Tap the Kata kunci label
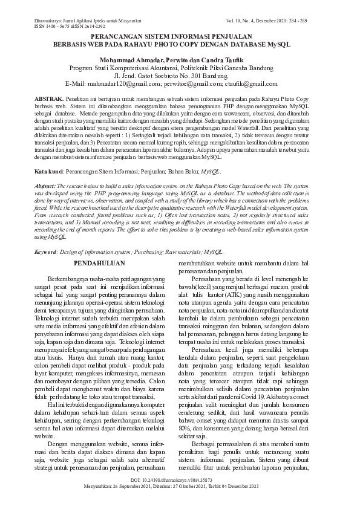click(x=48, y=172)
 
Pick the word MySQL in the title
click(x=277, y=45)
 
